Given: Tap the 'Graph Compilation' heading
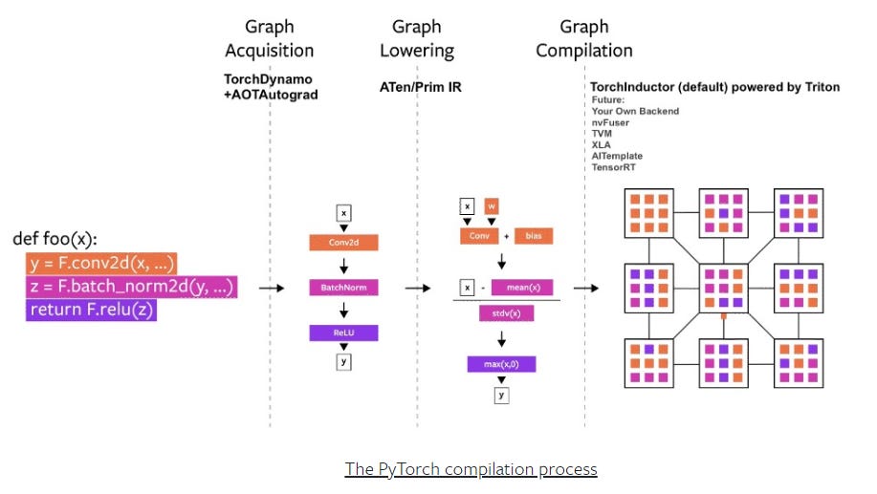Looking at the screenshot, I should [583, 38].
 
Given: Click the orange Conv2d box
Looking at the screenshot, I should [342, 243].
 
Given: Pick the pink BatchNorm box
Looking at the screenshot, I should [342, 287].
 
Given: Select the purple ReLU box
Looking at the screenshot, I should [342, 333].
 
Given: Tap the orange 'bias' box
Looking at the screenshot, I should [534, 235].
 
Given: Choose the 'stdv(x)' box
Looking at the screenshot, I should [506, 312].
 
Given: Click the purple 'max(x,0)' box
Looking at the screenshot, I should [501, 364].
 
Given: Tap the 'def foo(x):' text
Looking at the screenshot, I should [55, 239].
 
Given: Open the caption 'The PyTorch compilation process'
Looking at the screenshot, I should [471, 469].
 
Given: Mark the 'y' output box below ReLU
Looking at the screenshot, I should [342, 361].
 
